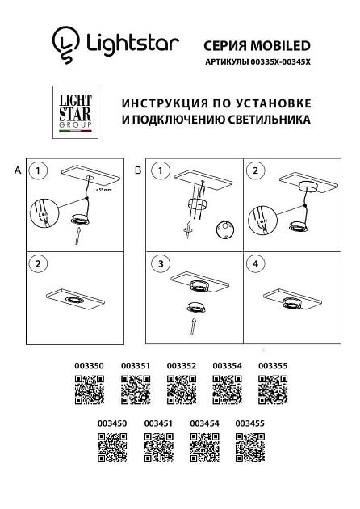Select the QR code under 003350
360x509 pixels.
pos(90,390)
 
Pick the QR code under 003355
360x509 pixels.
pos(272,390)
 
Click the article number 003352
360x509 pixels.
pos(182,366)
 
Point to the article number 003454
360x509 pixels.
pos(204,423)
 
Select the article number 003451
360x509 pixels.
pos(158,423)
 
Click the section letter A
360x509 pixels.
pos(17,170)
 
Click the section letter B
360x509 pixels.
pos(137,170)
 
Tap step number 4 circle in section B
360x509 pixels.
pos(257,263)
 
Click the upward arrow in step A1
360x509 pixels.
pos(77,235)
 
